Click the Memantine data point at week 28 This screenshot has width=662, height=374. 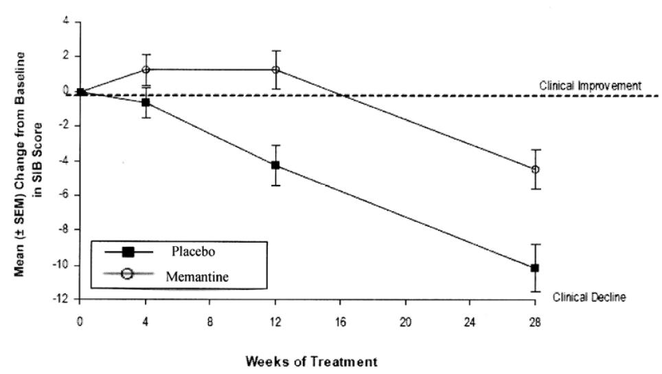click(535, 169)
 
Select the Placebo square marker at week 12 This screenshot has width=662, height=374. click(275, 165)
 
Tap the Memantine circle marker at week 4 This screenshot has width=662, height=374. click(146, 69)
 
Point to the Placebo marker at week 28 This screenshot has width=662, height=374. click(535, 267)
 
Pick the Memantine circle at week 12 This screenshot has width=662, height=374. click(275, 69)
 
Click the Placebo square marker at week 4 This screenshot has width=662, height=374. click(146, 102)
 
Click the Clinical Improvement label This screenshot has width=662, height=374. click(590, 87)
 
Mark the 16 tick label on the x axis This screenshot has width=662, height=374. click(339, 320)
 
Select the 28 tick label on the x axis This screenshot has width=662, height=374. click(534, 320)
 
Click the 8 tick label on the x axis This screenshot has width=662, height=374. click(210, 320)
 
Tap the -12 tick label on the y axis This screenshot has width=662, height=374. click(63, 300)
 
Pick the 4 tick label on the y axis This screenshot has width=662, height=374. click(67, 21)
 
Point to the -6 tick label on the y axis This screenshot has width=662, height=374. click(65, 195)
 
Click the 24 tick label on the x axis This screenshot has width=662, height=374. click(469, 320)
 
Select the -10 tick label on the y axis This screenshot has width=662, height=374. click(63, 265)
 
